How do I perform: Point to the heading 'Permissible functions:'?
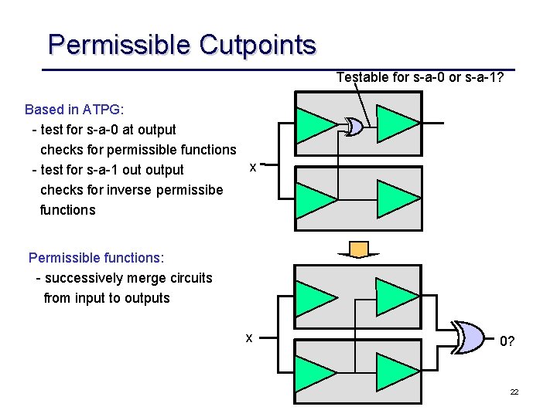(x=96, y=258)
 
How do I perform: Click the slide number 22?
(x=514, y=392)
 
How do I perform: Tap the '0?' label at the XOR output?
(x=507, y=341)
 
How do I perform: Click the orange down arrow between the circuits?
(x=358, y=249)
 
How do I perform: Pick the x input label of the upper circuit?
(x=253, y=167)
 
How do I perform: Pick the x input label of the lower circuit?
(x=248, y=337)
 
